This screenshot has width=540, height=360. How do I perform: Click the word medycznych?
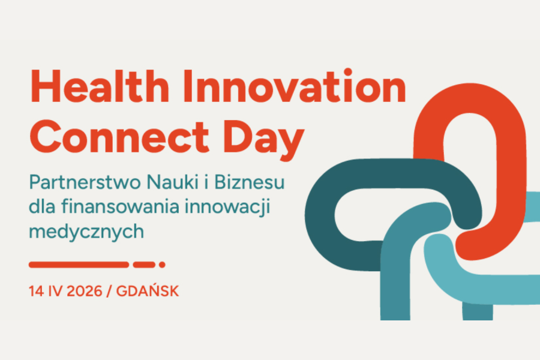click(x=86, y=232)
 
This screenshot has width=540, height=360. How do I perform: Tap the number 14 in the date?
click(x=36, y=292)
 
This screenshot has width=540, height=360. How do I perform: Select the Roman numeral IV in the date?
click(x=55, y=292)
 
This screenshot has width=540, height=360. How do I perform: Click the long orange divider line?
click(x=79, y=264)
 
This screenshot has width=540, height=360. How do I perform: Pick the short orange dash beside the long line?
click(x=144, y=264)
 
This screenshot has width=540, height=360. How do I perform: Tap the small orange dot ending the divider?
click(x=162, y=264)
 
